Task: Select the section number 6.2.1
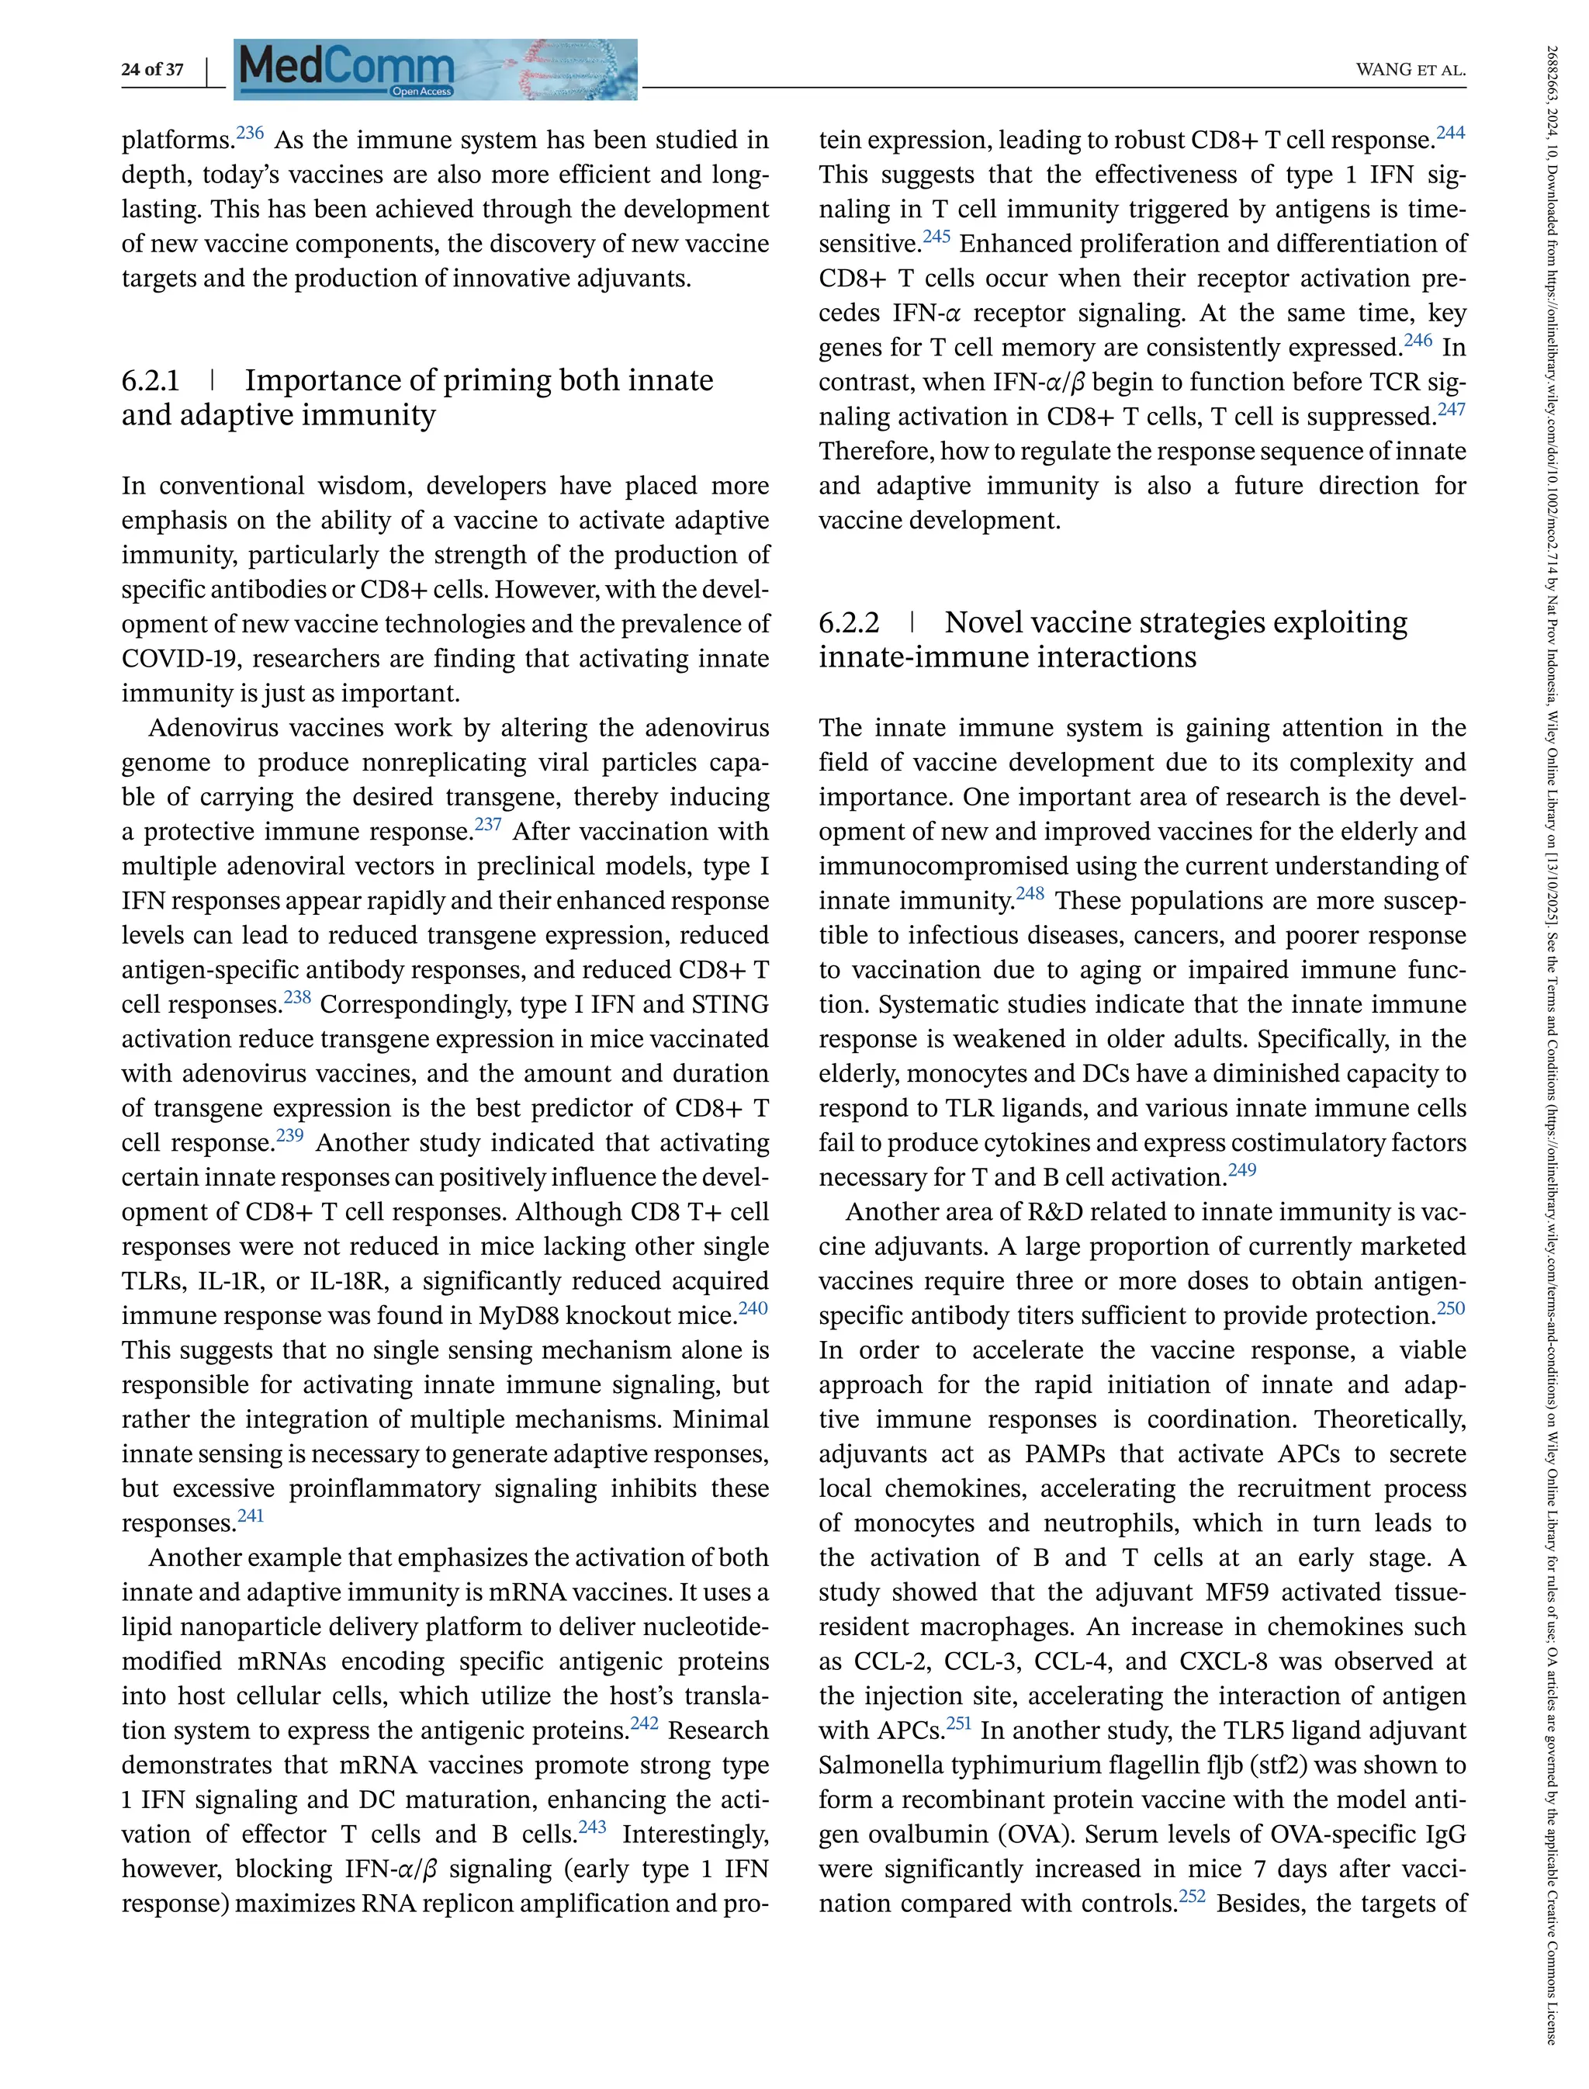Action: [x=151, y=380]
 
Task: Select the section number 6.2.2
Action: [x=848, y=622]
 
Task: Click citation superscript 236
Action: [x=250, y=133]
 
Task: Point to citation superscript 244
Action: [x=1451, y=133]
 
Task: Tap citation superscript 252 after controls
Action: [x=1192, y=1896]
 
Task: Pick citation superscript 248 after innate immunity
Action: [x=1030, y=893]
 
